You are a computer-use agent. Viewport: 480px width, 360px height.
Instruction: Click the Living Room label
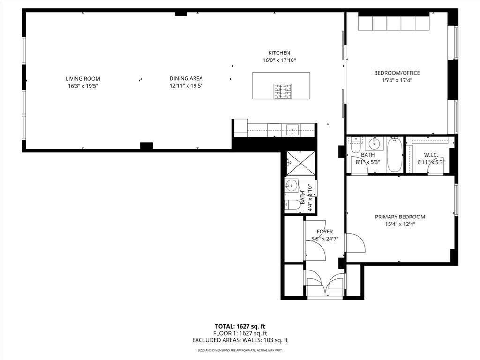(x=83, y=79)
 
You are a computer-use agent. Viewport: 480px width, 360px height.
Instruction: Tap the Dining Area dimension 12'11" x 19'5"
(x=186, y=86)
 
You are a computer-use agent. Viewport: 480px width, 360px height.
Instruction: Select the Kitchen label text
(x=279, y=53)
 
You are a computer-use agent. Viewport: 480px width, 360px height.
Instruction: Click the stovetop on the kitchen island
(x=283, y=91)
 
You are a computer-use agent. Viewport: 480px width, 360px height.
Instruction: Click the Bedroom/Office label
(x=397, y=73)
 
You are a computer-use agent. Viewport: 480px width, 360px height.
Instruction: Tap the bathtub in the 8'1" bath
(x=395, y=155)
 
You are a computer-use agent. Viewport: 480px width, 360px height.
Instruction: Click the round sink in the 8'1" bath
(x=374, y=143)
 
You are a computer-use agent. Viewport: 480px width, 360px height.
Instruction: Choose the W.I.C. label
(x=431, y=155)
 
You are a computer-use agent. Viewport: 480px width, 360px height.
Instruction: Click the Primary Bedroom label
(x=400, y=217)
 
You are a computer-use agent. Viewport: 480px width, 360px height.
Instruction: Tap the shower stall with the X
(x=300, y=164)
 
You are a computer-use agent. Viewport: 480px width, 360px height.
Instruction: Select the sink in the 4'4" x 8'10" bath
(x=291, y=185)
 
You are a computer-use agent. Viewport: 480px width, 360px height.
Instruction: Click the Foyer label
(x=325, y=232)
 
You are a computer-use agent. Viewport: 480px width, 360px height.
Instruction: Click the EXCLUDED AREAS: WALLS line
(x=240, y=340)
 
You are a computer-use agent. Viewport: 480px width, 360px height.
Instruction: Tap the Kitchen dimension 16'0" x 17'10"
(x=279, y=60)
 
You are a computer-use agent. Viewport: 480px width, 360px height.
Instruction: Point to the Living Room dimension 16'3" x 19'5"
(x=83, y=86)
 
